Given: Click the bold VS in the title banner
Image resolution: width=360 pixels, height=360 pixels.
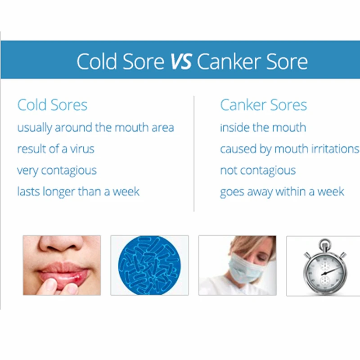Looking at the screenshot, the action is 181,61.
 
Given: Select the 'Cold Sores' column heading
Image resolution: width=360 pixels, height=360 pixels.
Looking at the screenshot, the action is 52,105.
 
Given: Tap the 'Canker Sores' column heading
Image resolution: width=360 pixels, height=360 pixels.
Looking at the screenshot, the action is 263,105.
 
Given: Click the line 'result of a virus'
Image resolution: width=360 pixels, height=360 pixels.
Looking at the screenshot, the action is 56,149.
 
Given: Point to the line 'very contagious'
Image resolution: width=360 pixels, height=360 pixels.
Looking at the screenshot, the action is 57,171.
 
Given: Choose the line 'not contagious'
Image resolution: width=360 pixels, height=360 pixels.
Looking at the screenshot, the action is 258,171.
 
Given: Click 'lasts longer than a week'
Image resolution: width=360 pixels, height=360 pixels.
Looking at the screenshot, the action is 78,192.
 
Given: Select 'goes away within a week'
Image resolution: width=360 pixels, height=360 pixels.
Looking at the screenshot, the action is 282,192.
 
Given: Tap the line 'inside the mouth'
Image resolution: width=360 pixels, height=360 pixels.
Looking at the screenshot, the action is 263,127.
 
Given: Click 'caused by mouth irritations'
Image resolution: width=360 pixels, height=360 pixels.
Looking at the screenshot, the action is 290,149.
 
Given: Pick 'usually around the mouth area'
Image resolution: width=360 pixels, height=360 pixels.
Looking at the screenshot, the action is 95,128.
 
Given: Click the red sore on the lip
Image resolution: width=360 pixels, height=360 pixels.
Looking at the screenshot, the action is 77,279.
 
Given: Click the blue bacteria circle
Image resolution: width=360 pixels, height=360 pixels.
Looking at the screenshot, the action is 149,265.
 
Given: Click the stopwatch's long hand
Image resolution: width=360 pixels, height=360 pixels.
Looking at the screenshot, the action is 331,270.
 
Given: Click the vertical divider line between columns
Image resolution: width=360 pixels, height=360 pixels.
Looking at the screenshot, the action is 194,153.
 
